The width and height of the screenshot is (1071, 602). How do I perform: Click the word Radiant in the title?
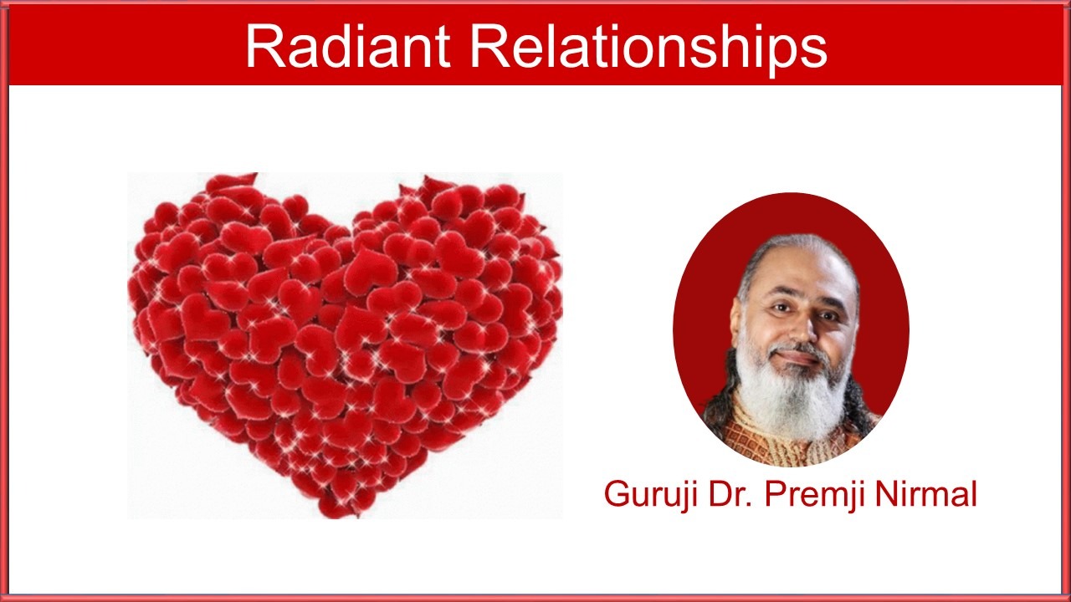(347, 46)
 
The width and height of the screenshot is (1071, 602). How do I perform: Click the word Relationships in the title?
(648, 49)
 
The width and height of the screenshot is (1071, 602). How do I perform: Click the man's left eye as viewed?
(779, 309)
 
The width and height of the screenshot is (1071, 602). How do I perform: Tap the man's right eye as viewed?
(828, 315)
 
